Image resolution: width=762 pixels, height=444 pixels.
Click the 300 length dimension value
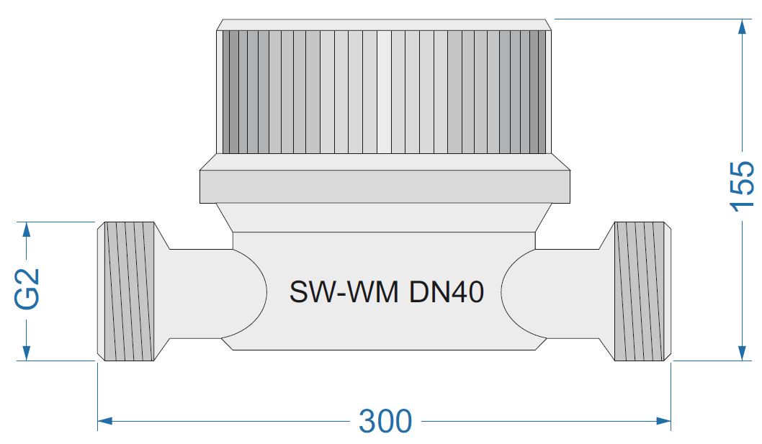point(385,421)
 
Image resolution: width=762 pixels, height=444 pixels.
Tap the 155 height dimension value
point(743,186)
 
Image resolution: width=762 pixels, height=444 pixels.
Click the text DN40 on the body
point(447,292)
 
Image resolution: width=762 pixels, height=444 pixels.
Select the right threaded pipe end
point(641,291)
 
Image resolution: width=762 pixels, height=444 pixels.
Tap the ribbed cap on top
point(385,92)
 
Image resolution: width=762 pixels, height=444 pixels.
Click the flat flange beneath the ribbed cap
point(385,186)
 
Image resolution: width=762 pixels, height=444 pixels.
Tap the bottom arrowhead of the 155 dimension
point(743,352)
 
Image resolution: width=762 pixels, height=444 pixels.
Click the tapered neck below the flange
point(385,217)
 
